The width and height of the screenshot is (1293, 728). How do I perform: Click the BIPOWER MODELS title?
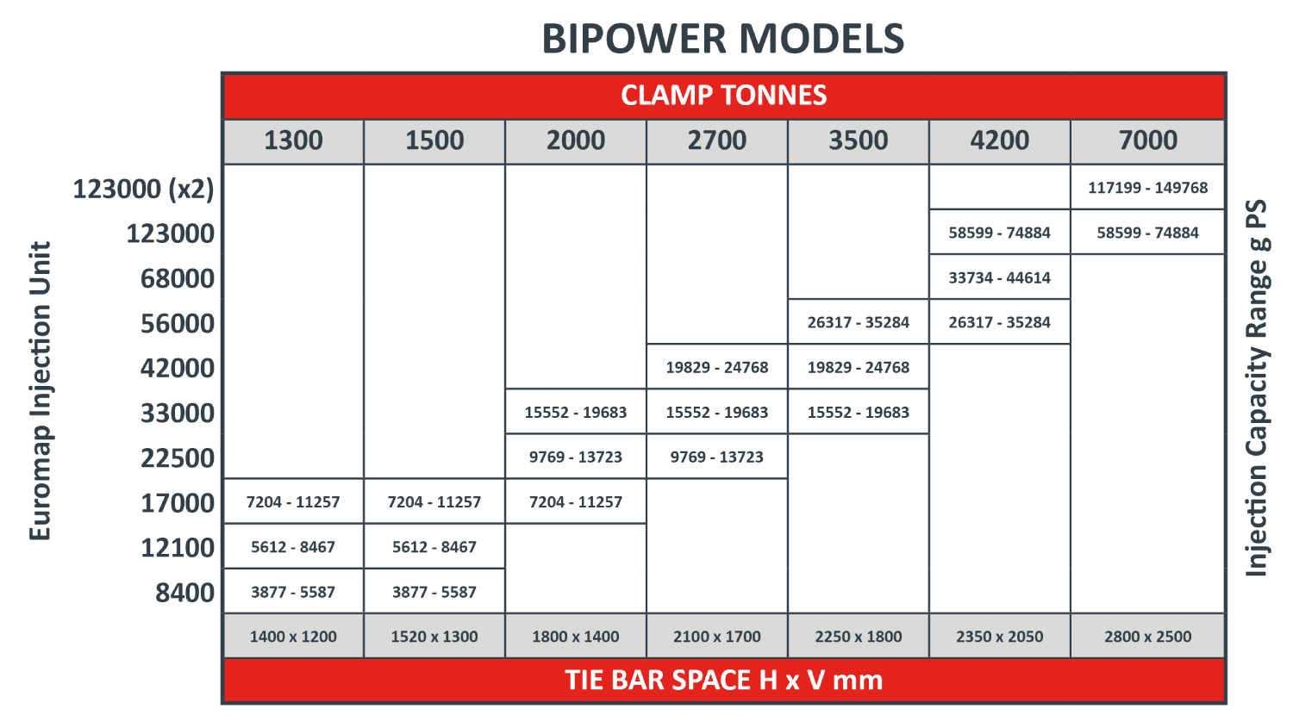722,39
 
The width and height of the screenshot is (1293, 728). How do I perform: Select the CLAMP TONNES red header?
724,96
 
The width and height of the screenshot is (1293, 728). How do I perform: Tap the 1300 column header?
293,141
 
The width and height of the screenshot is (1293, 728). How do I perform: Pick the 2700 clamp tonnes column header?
717,141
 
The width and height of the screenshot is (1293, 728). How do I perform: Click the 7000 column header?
1147,141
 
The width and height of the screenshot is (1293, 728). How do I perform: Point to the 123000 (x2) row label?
143,189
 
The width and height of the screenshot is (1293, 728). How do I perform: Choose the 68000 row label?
178,278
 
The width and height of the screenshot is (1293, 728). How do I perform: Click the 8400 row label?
184,593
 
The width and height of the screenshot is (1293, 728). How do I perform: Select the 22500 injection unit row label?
178,458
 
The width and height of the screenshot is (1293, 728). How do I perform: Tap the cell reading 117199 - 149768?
1147,188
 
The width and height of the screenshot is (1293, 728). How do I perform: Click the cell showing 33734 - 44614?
1000,277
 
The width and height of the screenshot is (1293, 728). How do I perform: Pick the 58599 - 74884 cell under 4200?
1000,233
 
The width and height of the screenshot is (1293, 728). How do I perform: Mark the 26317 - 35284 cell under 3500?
859,322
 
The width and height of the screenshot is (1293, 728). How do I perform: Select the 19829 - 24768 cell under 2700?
717,368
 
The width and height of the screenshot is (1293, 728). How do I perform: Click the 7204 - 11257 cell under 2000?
576,502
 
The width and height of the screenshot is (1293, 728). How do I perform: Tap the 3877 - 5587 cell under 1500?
434,592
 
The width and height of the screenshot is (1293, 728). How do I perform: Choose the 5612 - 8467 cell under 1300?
293,547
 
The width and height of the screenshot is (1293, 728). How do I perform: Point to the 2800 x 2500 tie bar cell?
1147,637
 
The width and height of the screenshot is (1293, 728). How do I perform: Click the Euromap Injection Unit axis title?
41,391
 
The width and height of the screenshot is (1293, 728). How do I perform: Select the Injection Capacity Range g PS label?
1257,388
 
